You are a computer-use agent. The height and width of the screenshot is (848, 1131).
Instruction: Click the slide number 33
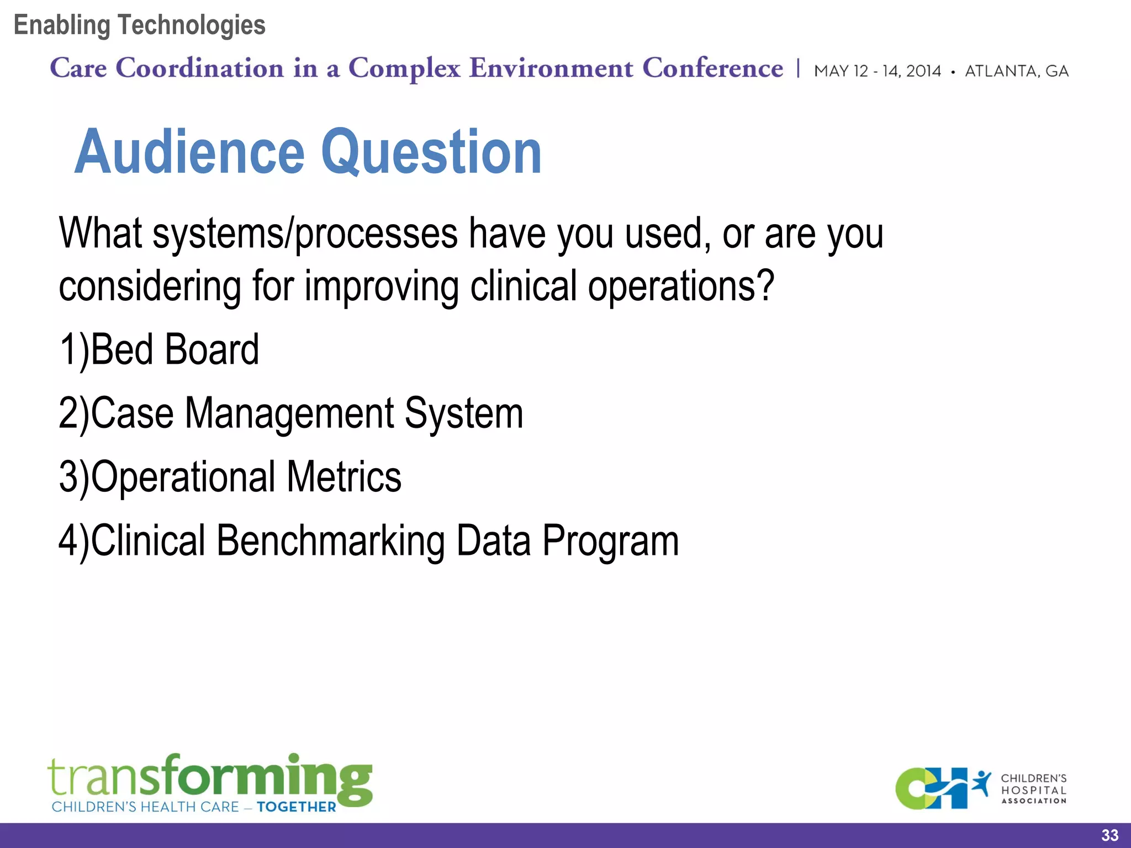(1109, 835)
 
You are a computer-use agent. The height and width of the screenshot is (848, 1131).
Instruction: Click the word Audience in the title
(189, 152)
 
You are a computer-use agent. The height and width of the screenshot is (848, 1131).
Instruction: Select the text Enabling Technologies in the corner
(139, 25)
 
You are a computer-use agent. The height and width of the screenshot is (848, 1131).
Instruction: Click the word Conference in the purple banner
(712, 68)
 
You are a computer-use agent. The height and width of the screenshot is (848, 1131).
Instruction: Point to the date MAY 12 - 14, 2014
(877, 71)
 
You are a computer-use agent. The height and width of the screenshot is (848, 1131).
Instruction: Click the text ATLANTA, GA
(1016, 71)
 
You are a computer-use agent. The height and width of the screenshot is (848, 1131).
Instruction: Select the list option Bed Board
(174, 350)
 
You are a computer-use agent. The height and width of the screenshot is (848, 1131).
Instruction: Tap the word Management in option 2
(289, 414)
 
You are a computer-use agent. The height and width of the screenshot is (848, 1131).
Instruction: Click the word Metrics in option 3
(343, 477)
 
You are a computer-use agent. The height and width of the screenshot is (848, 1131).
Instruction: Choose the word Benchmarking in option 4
(330, 541)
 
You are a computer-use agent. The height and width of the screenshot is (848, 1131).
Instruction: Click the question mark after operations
(766, 286)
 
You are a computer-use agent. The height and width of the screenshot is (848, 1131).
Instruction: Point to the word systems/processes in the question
(305, 235)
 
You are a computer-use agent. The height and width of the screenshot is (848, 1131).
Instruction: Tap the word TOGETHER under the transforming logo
(296, 807)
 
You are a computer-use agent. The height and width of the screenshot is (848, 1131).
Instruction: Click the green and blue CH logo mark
(933, 788)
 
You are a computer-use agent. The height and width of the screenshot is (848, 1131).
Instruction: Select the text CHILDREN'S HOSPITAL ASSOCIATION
(1033, 789)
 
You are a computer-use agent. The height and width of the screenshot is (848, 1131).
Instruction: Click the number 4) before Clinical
(73, 542)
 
